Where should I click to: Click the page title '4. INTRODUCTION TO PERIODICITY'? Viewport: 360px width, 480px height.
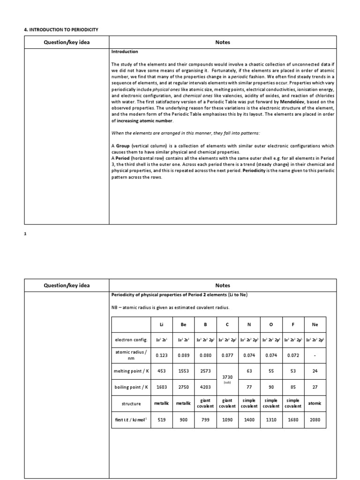click(61, 30)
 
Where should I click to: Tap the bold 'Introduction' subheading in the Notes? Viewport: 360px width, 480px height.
click(124, 52)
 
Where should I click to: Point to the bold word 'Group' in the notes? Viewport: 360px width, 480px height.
click(123, 146)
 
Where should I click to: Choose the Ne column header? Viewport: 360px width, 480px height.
click(315, 323)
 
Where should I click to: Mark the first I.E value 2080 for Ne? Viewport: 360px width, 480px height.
click(315, 420)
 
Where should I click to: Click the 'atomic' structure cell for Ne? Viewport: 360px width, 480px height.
click(315, 403)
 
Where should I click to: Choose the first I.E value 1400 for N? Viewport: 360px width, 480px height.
click(249, 420)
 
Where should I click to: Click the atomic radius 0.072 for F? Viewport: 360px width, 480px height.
click(293, 355)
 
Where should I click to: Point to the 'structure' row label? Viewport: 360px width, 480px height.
click(131, 403)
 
